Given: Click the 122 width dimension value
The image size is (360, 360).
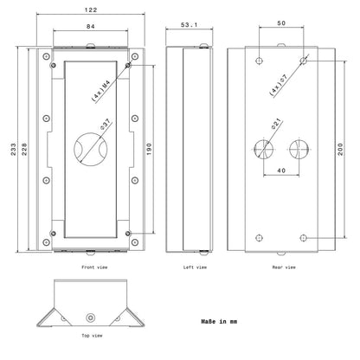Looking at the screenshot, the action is click(x=91, y=10).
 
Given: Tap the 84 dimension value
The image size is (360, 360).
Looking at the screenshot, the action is click(x=91, y=26).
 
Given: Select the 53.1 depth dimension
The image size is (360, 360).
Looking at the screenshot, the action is click(x=189, y=25).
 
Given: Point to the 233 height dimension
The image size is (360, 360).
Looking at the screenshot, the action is click(x=14, y=149).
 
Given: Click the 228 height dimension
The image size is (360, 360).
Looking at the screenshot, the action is click(x=24, y=149).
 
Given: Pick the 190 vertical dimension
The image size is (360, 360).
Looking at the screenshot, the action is click(x=149, y=149).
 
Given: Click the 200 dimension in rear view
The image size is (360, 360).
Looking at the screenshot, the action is click(x=340, y=149).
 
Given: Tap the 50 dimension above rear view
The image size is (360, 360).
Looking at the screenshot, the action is click(x=281, y=23).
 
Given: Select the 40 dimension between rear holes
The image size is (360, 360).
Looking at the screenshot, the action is click(x=281, y=170).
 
